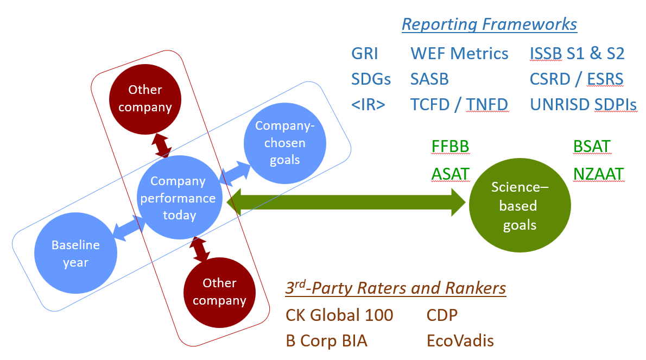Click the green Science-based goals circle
(520, 206)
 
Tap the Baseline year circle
(75, 254)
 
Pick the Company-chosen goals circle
(284, 143)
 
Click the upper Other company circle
(145, 98)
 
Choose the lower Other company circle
(219, 292)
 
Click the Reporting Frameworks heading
(489, 24)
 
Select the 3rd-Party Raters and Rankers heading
(395, 288)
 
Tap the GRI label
(364, 54)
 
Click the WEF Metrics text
(459, 54)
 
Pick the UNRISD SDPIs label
(583, 105)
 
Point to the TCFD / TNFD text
(459, 105)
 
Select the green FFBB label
(451, 147)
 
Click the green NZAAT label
(598, 174)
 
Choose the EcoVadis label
(460, 340)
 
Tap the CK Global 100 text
(339, 314)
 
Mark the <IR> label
(368, 105)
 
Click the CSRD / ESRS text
(577, 79)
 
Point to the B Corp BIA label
(326, 340)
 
